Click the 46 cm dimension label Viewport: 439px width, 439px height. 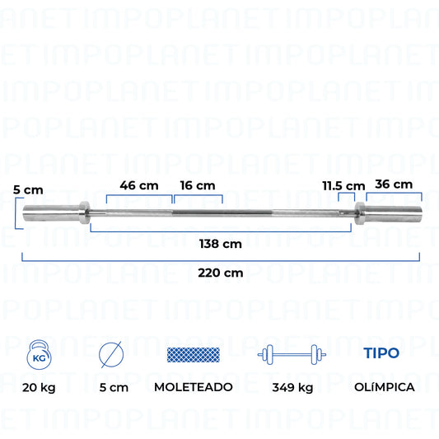click(x=139, y=185)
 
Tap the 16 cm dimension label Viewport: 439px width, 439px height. click(x=198, y=185)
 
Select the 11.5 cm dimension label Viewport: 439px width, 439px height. click(x=343, y=186)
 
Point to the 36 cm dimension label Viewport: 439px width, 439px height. click(x=394, y=184)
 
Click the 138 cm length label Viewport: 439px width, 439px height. click(x=221, y=244)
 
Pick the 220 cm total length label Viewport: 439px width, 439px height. click(x=221, y=273)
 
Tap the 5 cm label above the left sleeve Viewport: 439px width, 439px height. click(x=28, y=190)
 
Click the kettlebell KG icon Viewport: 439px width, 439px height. click(x=39, y=354)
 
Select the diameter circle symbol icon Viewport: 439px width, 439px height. click(x=111, y=354)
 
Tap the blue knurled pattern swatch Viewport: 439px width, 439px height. click(x=194, y=355)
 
